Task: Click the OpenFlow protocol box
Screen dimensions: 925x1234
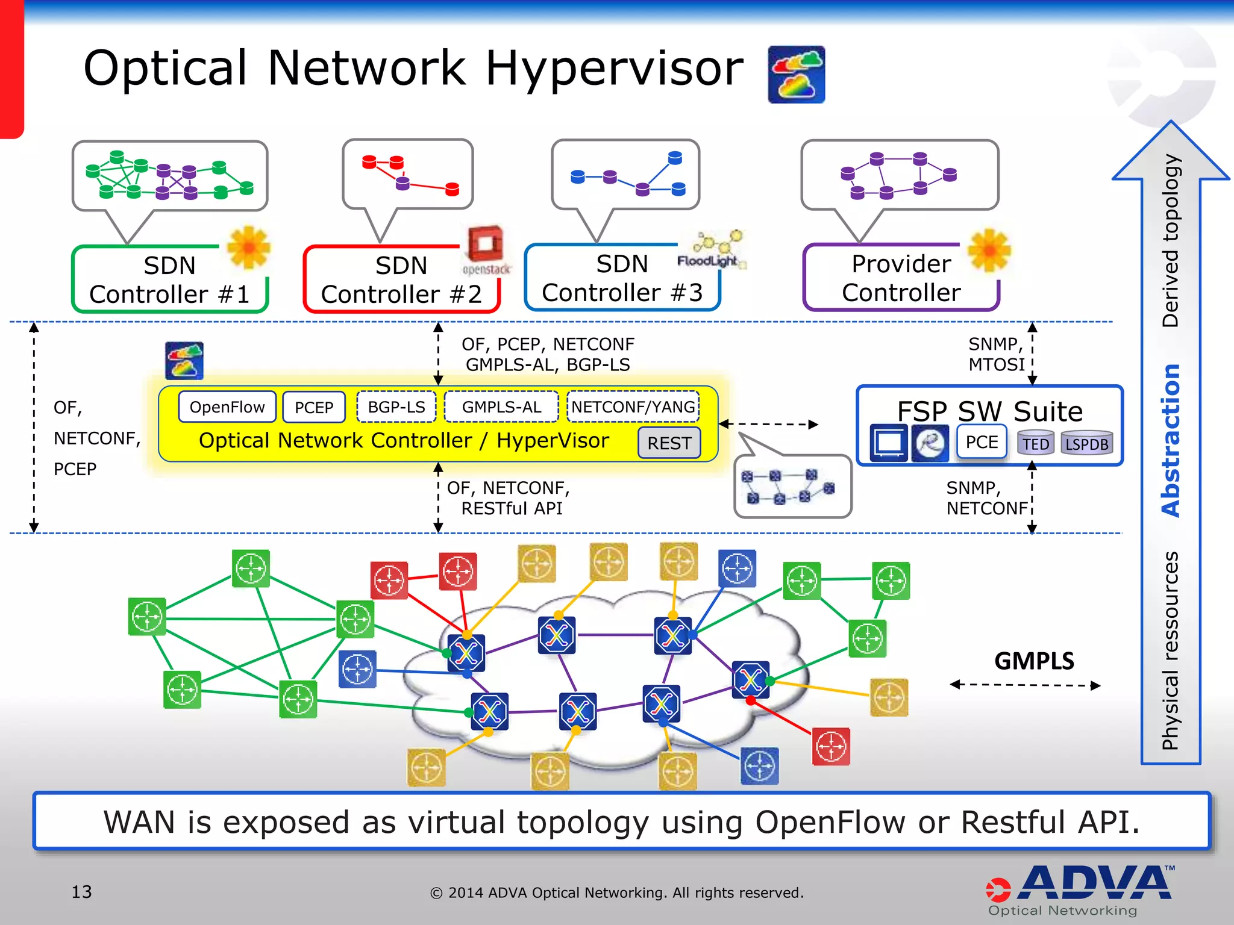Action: [x=227, y=407]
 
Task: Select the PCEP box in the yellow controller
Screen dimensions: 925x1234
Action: [x=314, y=408]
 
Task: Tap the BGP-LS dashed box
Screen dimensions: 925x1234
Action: [x=396, y=407]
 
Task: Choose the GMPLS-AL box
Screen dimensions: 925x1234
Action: [x=501, y=407]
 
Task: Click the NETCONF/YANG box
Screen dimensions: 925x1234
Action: [x=633, y=407]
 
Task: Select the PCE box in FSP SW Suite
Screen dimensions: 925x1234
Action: [x=982, y=442]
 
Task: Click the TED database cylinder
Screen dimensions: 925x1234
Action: [x=1035, y=443]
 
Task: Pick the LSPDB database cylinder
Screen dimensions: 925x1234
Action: [x=1086, y=443]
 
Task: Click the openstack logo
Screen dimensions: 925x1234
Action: [x=486, y=250]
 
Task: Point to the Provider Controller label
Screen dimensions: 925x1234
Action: [x=901, y=278]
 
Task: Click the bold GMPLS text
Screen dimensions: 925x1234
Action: [x=1034, y=661]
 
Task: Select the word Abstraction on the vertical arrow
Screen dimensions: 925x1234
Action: [x=1171, y=440]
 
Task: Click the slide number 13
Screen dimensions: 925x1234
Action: [x=82, y=892]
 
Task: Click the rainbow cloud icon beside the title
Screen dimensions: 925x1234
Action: [x=796, y=75]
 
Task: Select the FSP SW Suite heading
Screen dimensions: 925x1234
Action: [x=989, y=411]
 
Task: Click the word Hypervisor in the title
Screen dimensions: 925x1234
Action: [x=614, y=68]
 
